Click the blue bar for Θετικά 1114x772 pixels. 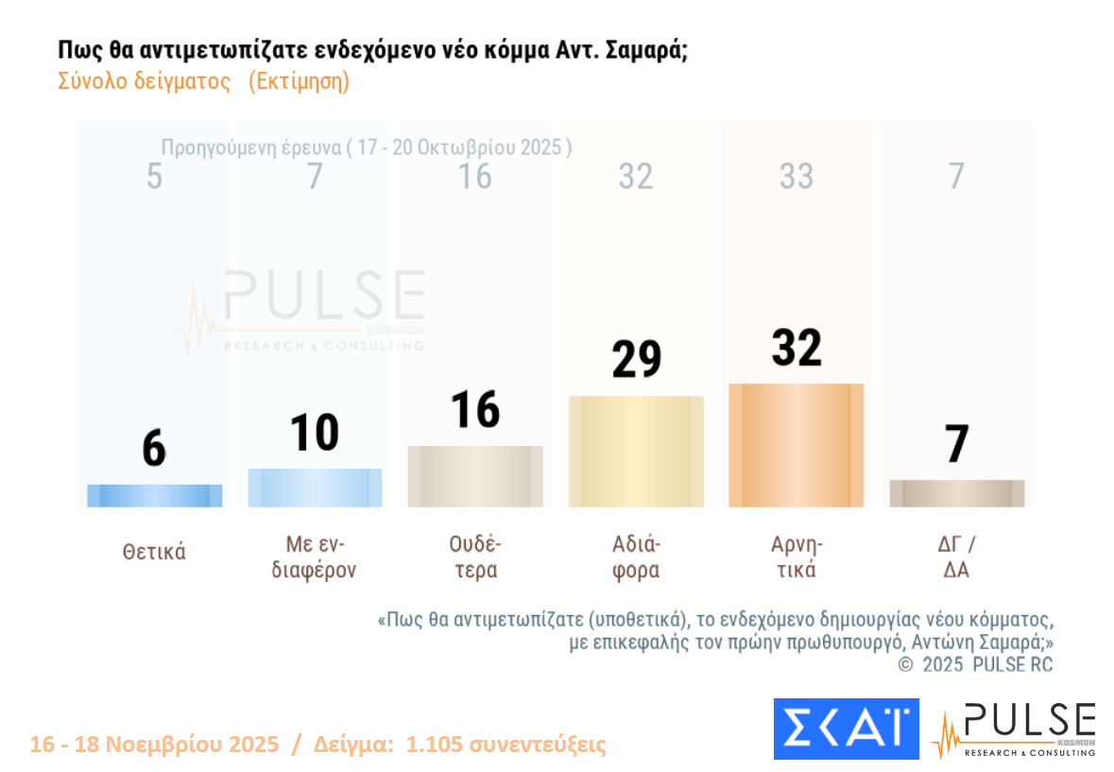tap(154, 496)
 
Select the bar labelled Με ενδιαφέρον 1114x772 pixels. tap(315, 488)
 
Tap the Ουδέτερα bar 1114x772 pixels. tap(475, 476)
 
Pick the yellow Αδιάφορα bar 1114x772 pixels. tap(636, 452)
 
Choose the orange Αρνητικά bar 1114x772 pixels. tap(796, 445)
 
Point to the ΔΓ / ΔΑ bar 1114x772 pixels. tap(956, 493)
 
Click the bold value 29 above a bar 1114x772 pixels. tap(636, 359)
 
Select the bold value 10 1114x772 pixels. tap(315, 433)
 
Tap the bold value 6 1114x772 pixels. tap(154, 449)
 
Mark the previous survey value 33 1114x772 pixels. tap(796, 177)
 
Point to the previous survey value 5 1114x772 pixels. tap(154, 177)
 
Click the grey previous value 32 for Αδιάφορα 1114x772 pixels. tap(636, 177)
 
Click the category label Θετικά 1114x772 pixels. tap(154, 553)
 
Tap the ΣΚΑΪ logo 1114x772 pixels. tap(846, 729)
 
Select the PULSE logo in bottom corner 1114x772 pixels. tap(1013, 729)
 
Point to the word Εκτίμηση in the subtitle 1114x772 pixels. tap(300, 81)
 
